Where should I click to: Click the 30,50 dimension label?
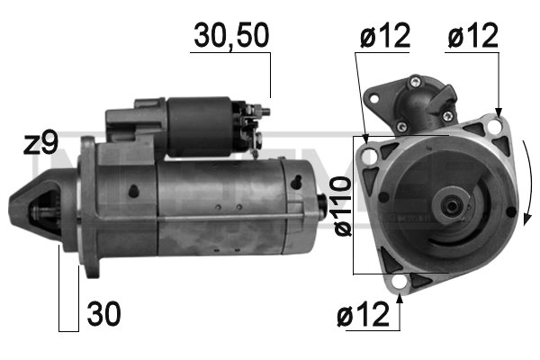tap(230, 37)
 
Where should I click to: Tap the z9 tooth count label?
tap(43, 144)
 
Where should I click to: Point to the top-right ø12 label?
tap(472, 37)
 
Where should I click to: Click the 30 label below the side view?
tap(103, 315)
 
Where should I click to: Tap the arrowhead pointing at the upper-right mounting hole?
tap(497, 114)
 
